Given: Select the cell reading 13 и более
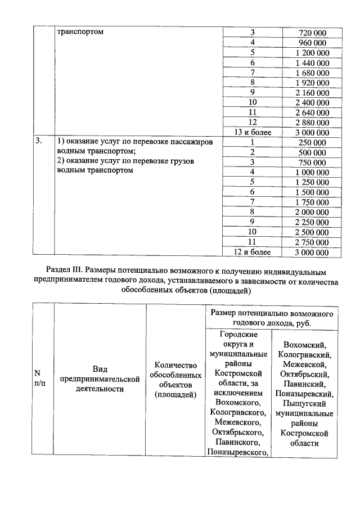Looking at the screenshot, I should pyautogui.click(x=253, y=132).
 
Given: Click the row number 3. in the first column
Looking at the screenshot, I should pyautogui.click(x=39, y=142).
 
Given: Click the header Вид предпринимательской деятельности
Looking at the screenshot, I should pyautogui.click(x=100, y=379).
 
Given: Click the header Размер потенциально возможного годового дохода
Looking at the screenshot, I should pyautogui.click(x=272, y=318).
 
